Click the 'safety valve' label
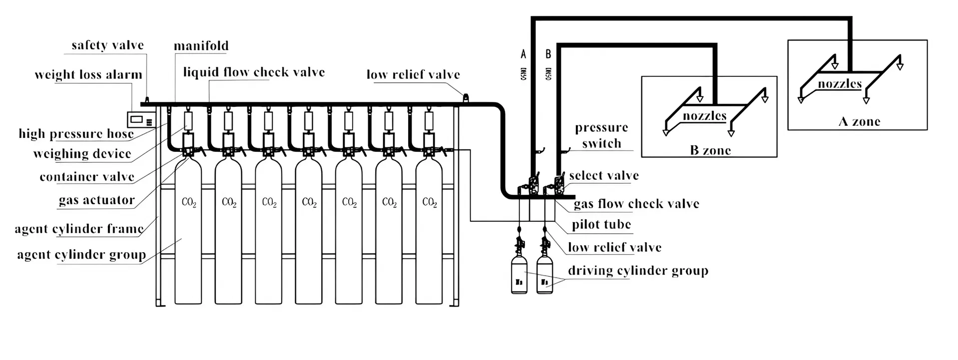107,45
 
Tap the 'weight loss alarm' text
88,75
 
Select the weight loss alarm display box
141,120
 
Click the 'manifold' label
201,46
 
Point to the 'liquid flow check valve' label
254,72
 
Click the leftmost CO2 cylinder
188,230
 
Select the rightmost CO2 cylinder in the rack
429,230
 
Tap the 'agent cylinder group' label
81,255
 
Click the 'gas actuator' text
97,200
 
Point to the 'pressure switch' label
601,135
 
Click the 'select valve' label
604,176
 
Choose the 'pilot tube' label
601,225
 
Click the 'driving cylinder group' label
638,271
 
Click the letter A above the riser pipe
523,54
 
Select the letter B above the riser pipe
548,54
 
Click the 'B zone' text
710,150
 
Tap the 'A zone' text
859,121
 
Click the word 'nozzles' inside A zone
840,84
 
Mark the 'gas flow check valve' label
636,204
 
